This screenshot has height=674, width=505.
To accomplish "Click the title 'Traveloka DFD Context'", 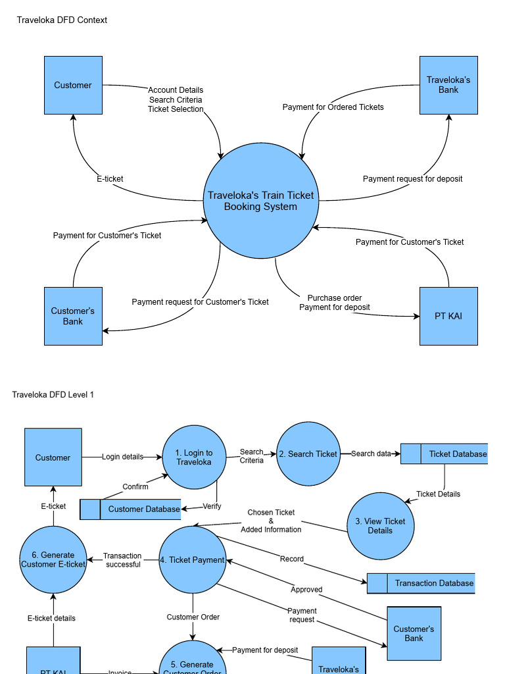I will coord(62,20).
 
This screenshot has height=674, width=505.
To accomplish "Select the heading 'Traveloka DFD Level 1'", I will coord(53,394).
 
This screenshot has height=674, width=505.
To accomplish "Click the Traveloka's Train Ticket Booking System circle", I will coord(260,201).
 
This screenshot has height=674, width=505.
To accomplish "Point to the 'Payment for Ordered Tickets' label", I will coord(333,107).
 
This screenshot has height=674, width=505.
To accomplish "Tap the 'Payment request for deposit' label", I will coord(412,179).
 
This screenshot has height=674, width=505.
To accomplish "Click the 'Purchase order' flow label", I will coord(334,298).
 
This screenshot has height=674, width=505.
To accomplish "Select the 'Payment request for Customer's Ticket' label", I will coord(200,302).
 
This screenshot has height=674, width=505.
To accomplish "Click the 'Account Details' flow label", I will coord(176,90).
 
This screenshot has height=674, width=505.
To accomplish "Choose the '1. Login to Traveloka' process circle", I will coord(194,457).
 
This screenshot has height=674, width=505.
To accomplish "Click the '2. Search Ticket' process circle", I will coord(308,454).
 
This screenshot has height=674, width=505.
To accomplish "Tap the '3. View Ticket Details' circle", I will coord(380,525).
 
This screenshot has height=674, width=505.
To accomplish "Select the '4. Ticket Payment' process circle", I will coord(193,559).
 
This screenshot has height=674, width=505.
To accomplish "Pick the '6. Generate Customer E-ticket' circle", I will coord(53,559).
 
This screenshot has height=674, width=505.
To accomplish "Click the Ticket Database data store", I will coord(445,454).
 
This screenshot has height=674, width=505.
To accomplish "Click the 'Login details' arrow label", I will coord(122,457).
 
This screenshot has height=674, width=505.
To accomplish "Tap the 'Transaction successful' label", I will coord(123,560).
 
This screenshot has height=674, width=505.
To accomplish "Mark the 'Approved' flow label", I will coord(306,590).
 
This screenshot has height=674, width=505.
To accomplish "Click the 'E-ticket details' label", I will coord(51,618).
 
